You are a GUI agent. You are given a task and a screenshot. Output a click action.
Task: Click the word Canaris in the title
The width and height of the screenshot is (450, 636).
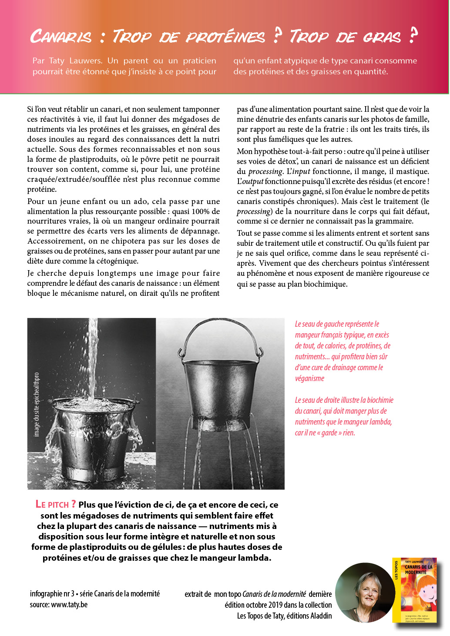[61, 37]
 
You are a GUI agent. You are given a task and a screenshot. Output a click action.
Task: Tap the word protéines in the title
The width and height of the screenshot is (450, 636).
[225, 37]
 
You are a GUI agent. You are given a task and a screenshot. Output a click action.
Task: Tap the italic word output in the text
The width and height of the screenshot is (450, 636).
[250, 181]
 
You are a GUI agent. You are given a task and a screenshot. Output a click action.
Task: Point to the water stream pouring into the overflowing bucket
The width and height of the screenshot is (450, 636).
[92, 357]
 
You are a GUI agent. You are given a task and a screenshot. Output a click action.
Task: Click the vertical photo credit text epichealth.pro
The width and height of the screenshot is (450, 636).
[37, 405]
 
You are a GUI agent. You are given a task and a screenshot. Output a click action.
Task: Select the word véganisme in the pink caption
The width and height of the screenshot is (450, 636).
[309, 378]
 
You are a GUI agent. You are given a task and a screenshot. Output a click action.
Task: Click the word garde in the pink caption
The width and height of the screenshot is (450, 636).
[329, 433]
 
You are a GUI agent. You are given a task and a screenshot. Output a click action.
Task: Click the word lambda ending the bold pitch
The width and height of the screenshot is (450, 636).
[252, 558]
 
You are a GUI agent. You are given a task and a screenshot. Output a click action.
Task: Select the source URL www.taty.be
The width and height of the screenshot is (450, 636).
[69, 605]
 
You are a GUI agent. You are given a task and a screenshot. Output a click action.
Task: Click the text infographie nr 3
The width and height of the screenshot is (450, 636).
[52, 594]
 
